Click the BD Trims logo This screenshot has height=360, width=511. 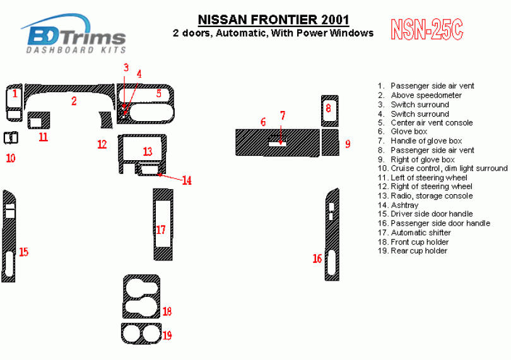(x=74, y=34)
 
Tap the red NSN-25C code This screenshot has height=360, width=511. (x=426, y=30)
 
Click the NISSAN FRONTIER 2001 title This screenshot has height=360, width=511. (x=273, y=20)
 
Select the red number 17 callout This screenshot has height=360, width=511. (x=161, y=230)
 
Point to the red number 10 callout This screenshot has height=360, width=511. (x=11, y=158)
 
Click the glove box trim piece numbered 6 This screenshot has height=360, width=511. (x=278, y=142)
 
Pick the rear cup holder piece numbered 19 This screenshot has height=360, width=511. (x=141, y=334)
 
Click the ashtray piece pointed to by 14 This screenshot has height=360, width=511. (x=150, y=170)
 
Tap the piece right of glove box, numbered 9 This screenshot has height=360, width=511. (x=331, y=142)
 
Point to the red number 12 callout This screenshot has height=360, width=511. (x=102, y=144)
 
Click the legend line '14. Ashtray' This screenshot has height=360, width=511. (x=398, y=205)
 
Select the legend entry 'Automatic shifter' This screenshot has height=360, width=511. (x=421, y=233)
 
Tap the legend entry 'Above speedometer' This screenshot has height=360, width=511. (x=426, y=95)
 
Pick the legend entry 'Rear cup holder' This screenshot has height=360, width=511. (x=419, y=251)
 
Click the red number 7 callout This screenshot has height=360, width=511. (x=283, y=115)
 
